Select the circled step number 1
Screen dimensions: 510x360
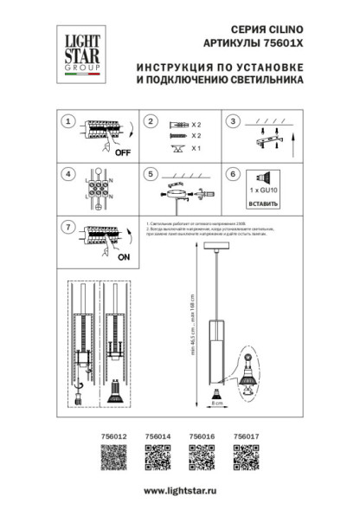click(x=67, y=123)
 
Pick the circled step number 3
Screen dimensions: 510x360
click(x=231, y=123)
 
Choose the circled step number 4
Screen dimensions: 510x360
click(x=67, y=173)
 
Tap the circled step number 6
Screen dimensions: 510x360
click(x=231, y=173)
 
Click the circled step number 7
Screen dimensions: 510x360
click(x=67, y=227)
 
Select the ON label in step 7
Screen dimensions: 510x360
click(x=122, y=257)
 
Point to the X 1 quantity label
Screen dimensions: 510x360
click(x=195, y=149)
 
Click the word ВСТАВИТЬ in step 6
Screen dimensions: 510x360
click(x=262, y=204)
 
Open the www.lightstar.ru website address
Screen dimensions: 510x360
click(x=180, y=491)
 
